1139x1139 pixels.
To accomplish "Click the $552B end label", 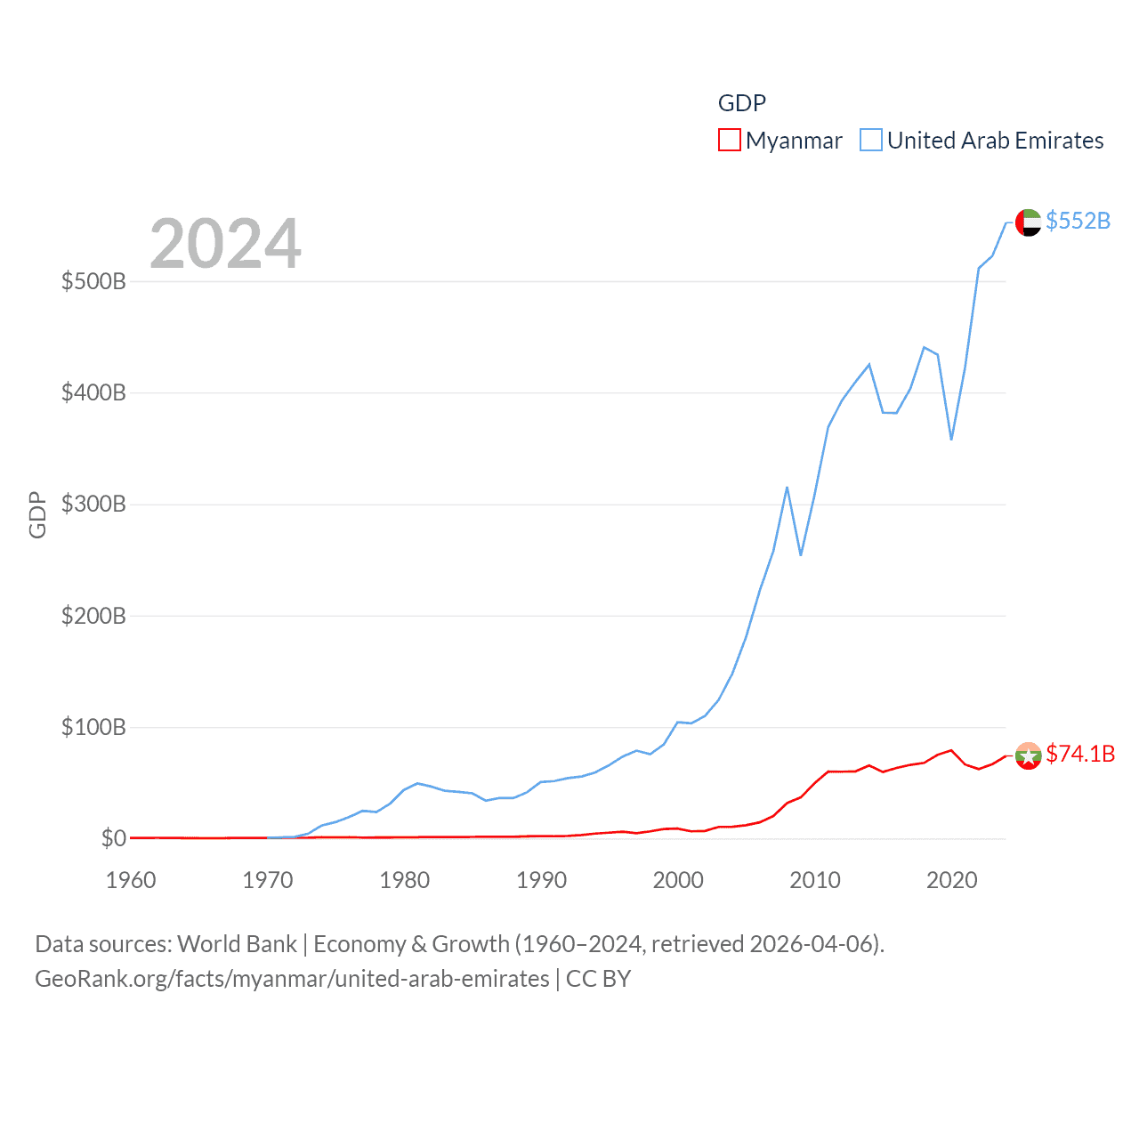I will tap(1078, 221).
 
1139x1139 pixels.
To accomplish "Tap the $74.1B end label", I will tap(1080, 754).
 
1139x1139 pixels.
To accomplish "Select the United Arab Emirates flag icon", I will tap(1028, 222).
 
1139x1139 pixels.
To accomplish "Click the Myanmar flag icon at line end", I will tap(1028, 756).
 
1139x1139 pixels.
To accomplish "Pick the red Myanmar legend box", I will tap(730, 141).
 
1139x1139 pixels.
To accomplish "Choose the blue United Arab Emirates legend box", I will tap(871, 141).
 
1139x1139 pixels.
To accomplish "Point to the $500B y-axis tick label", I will tap(93, 282).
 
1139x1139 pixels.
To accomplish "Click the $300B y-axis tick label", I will tap(93, 505).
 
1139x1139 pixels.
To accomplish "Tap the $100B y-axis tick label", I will tap(93, 727).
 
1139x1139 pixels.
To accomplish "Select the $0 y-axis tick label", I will tap(114, 838).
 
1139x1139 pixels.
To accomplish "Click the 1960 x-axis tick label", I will tap(131, 880).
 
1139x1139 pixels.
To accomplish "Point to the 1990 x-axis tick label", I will tap(541, 880).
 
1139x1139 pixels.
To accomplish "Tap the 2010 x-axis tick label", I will tap(815, 880).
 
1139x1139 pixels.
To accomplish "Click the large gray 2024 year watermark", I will tap(225, 244).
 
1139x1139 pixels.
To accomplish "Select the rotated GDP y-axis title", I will tap(37, 514).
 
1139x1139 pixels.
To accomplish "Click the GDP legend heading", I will tap(742, 103).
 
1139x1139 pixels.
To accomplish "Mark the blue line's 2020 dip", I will tap(951, 439).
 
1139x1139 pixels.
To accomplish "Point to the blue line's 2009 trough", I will tap(801, 555).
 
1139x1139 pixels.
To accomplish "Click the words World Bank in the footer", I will tap(238, 943).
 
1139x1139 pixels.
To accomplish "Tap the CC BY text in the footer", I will tap(599, 979).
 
